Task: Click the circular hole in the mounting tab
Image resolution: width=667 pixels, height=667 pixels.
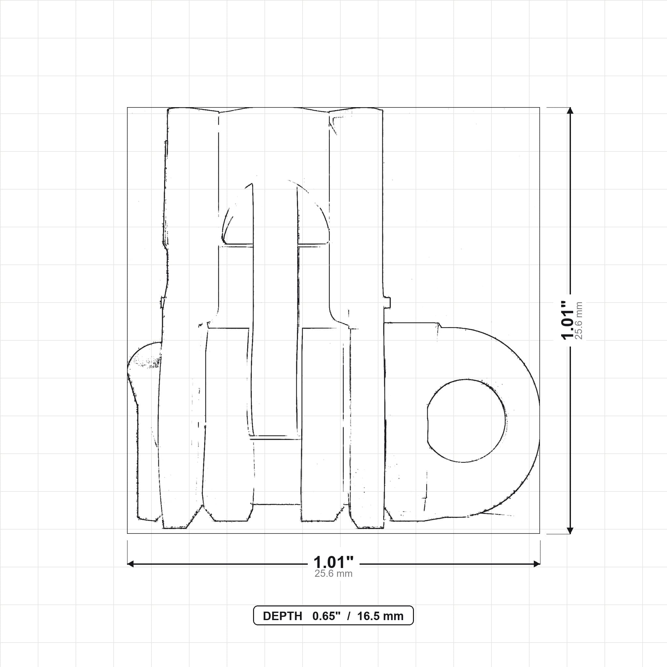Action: (x=467, y=421)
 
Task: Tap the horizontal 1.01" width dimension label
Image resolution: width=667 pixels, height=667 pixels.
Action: (x=333, y=562)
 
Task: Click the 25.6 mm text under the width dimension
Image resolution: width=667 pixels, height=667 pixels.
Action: (x=333, y=574)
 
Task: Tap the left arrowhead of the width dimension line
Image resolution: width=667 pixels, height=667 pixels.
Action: (x=131, y=564)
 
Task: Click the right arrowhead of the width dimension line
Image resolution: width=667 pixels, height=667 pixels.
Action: (x=537, y=564)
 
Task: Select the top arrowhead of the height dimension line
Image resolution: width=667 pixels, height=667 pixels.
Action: (x=570, y=110)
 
